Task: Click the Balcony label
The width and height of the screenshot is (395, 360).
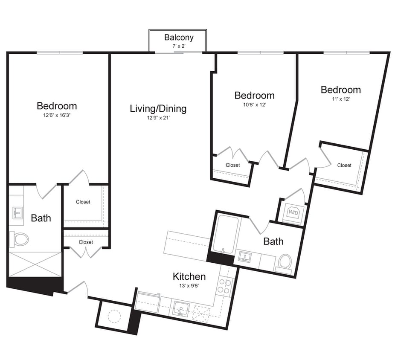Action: click(x=179, y=38)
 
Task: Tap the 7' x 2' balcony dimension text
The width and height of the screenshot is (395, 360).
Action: click(x=179, y=46)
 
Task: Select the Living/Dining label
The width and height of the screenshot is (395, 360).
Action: click(x=158, y=108)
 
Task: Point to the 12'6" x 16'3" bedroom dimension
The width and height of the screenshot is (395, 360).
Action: click(x=57, y=115)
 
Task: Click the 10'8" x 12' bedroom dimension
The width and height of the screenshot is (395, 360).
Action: click(x=254, y=104)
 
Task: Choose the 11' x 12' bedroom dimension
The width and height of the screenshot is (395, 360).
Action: click(x=340, y=99)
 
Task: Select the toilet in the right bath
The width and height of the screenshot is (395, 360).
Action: click(x=285, y=262)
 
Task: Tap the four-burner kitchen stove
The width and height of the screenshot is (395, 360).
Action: click(x=225, y=285)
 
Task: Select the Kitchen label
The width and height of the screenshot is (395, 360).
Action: click(x=189, y=276)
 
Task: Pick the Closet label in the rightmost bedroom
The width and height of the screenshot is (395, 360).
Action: click(x=344, y=165)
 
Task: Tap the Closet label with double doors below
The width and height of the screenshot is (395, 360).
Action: click(x=86, y=242)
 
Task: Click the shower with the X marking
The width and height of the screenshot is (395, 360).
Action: click(x=35, y=264)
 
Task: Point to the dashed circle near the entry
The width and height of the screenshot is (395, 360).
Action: click(x=114, y=316)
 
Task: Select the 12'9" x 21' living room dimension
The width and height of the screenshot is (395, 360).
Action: click(x=158, y=118)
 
